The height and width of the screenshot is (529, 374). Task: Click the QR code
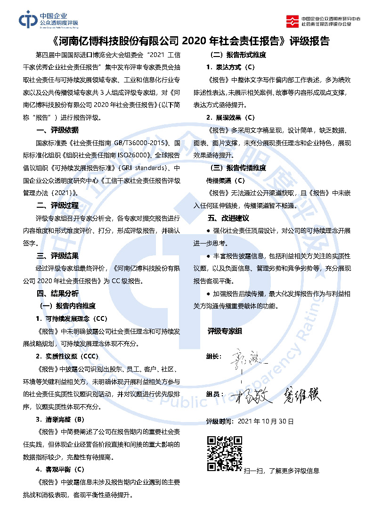[225, 454]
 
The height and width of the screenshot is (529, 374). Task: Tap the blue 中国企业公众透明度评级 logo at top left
[49, 20]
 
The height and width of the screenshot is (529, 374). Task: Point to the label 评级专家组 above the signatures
[225, 331]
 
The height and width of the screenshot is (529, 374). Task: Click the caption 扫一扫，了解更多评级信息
[281, 471]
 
